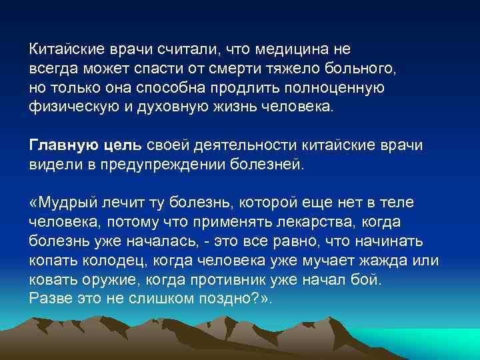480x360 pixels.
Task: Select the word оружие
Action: tap(106, 279)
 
